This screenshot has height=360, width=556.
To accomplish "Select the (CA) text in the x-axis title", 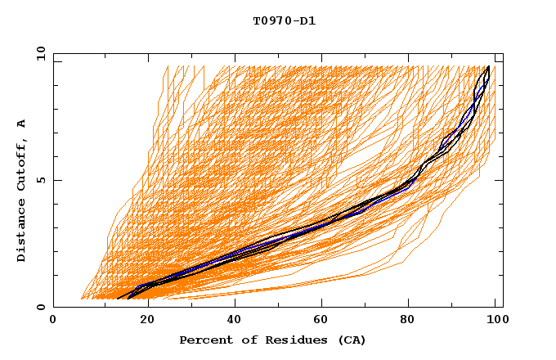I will pos(350,340).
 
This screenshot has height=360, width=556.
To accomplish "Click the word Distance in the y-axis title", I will pos(21,231).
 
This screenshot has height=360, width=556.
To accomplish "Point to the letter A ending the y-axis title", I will pos(21,123).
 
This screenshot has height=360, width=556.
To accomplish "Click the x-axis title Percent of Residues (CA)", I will pos(272,340).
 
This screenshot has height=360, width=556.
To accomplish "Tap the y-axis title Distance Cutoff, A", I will pos(21,191).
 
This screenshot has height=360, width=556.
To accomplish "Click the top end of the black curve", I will pos(489,66).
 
